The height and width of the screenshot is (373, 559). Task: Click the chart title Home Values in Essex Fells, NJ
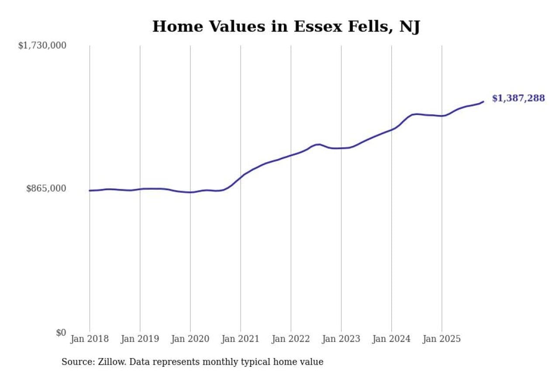[286, 27]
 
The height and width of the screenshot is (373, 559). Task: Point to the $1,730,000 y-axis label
[42, 45]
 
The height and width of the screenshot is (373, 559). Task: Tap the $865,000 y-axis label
[46, 188]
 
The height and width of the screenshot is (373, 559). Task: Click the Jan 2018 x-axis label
[90, 339]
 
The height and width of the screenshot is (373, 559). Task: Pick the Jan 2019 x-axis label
[140, 339]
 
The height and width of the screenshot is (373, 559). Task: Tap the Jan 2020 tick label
[190, 339]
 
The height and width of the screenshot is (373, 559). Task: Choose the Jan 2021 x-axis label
[241, 339]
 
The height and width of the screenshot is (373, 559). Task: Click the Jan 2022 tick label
[291, 339]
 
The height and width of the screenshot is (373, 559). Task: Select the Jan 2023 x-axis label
[341, 339]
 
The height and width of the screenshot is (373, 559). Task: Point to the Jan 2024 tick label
[391, 339]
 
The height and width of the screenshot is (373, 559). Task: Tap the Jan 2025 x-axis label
[442, 339]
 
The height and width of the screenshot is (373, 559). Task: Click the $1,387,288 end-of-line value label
[518, 98]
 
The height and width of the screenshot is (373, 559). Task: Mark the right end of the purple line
[483, 101]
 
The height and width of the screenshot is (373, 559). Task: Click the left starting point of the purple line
[90, 191]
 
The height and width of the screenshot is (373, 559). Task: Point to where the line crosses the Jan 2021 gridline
[241, 178]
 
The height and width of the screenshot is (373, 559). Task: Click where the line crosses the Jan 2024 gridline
[391, 129]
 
